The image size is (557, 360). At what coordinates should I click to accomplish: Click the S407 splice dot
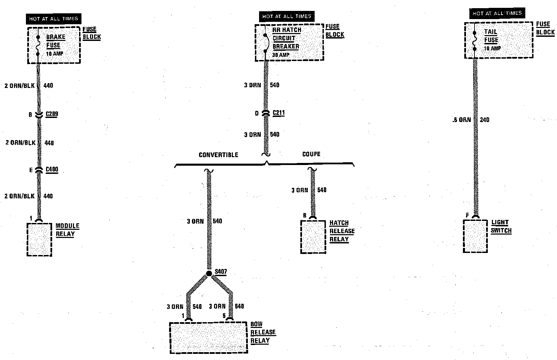click(209, 274)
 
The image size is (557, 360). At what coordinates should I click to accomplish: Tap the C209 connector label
click(52, 114)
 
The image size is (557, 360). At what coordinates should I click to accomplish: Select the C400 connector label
click(52, 169)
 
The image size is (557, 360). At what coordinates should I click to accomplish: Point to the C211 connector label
click(278, 113)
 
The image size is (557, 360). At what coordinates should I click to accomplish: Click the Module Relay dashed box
click(39, 240)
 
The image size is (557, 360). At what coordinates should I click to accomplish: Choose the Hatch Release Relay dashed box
click(313, 237)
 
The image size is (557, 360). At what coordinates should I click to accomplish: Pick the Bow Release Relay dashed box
click(208, 337)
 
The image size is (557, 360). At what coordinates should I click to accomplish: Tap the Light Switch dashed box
click(475, 236)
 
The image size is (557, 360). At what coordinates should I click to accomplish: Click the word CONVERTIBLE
click(219, 155)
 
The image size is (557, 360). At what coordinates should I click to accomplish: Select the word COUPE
click(311, 154)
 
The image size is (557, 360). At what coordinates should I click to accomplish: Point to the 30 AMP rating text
click(281, 55)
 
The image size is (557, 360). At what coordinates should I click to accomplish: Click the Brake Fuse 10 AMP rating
click(55, 54)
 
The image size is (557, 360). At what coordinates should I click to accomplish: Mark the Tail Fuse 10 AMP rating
click(493, 48)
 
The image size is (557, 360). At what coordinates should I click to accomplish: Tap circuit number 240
click(484, 120)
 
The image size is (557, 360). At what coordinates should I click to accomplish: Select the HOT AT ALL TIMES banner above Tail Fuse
click(497, 13)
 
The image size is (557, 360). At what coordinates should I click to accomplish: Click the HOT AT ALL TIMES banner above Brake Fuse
click(54, 19)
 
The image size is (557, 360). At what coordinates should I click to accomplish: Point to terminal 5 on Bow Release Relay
click(224, 316)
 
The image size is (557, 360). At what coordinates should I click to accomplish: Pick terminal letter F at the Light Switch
click(468, 215)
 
